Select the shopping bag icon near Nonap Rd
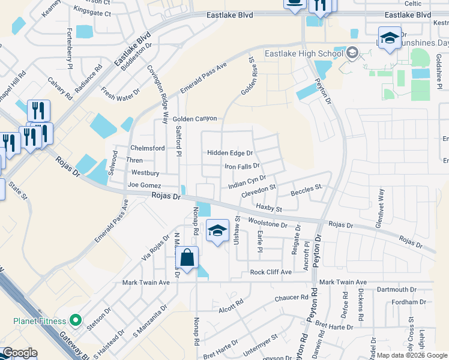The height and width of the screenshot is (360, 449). coord(187,258)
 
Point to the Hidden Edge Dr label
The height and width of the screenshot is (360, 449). coord(230,153)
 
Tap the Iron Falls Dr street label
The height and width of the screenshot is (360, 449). coord(242,166)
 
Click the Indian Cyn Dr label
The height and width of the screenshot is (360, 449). coord(247,182)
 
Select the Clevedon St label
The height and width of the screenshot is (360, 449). coord(258,191)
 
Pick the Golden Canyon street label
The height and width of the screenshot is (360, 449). coord(195,119)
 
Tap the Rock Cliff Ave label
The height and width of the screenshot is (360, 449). coord(271,272)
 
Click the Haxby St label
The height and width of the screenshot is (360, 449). coord(269,206)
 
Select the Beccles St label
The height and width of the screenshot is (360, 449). coord(307,192)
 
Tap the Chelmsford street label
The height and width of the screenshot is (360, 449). coord(147,148)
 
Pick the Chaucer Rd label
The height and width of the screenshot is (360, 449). coord(291,298)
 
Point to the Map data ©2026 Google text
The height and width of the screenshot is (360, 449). coord(412,355)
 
